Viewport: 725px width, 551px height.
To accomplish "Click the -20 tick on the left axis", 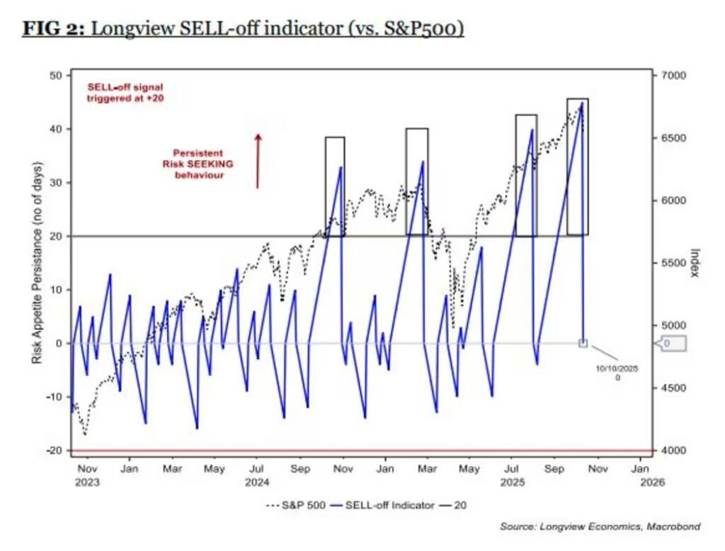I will [55, 450].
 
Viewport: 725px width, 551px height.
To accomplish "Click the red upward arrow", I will [258, 161].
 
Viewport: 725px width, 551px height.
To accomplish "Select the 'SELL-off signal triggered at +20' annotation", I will [126, 92].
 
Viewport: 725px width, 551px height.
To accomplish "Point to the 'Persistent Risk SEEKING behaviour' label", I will [200, 164].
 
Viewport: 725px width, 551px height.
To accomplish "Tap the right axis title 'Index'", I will [695, 263].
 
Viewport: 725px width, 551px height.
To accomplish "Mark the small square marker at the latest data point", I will [583, 343].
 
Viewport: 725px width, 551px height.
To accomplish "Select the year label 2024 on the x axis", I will [258, 482].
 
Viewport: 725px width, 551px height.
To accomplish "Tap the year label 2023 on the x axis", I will [87, 482].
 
